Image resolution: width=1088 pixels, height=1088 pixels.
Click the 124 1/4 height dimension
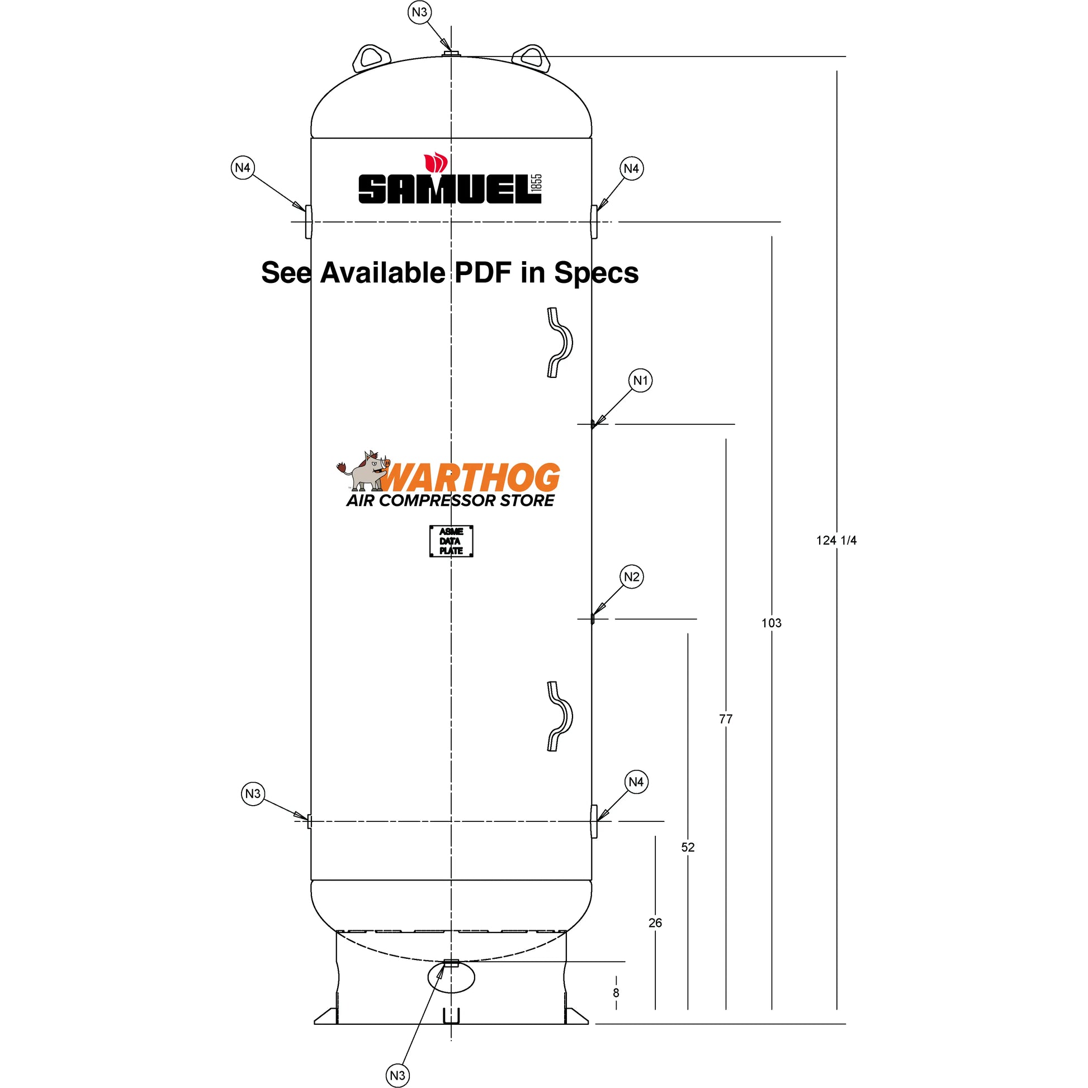836,541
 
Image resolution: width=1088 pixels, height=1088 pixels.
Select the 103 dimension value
772,623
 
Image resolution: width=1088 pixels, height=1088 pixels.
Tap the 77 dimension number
726,719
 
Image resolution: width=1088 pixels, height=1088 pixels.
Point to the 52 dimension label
688,847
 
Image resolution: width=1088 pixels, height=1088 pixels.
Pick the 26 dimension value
655,923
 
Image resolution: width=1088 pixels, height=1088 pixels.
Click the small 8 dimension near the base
616,993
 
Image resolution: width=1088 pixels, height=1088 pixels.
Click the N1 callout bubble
640,381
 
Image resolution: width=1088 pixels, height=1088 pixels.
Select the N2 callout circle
632,576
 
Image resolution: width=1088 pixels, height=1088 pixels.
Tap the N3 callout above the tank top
419,12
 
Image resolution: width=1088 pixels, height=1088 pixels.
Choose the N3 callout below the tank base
398,1076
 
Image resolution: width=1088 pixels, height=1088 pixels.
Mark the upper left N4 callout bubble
243,168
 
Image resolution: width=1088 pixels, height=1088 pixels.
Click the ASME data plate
451,541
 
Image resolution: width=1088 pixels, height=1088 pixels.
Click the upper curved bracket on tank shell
560,342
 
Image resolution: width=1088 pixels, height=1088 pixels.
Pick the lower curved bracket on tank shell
560,716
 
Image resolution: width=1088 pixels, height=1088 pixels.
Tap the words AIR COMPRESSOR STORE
450,500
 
